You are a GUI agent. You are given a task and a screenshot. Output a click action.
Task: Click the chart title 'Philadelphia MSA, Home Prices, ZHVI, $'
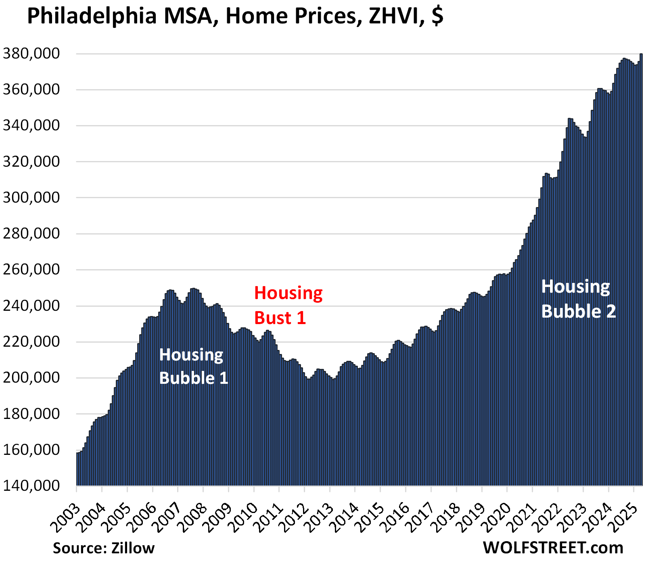235,17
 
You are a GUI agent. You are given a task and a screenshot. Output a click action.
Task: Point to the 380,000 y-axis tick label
31,54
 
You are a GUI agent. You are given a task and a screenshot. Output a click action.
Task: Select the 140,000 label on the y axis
31,485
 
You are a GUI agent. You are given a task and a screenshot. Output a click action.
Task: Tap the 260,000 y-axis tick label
31,269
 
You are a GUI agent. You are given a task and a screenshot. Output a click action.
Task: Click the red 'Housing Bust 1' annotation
288,305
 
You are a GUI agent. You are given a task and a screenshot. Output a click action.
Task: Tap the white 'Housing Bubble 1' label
193,366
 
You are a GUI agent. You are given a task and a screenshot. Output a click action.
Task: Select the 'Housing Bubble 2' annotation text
578,299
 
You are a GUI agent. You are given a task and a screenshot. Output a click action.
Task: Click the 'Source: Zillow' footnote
104,548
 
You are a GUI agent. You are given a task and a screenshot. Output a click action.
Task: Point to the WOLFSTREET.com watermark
553,548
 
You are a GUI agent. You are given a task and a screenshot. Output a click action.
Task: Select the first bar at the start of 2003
77,468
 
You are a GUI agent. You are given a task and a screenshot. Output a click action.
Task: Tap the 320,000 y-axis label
31,161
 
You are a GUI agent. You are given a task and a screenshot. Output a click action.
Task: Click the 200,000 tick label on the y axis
31,377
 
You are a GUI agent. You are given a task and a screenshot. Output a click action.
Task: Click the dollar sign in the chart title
437,17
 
